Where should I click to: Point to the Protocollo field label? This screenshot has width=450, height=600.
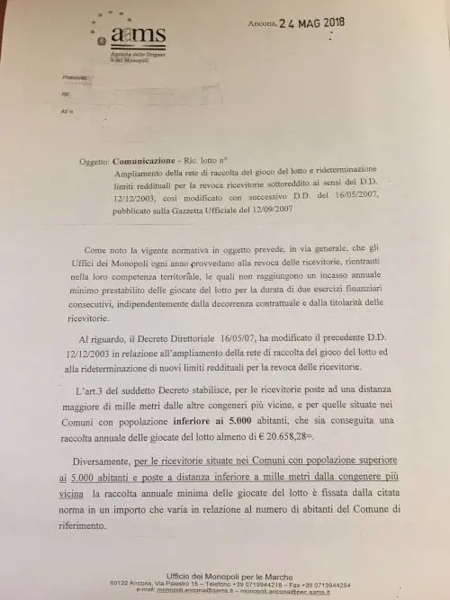(x=74, y=78)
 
